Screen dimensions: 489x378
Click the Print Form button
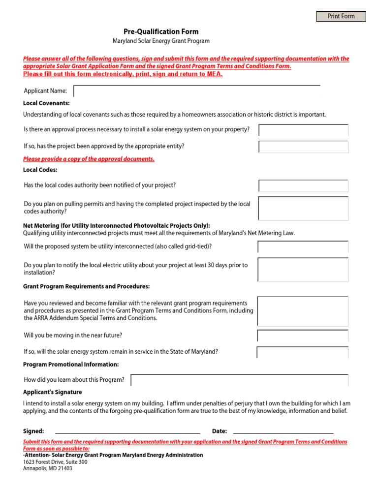341,16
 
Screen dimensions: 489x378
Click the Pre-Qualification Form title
161,31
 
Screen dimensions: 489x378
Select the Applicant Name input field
197,91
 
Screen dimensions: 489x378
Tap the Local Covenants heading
46,103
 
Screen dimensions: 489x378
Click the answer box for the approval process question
303,130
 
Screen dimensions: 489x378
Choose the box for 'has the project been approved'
303,147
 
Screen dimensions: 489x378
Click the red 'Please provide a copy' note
89,159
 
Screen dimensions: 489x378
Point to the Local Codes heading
40,170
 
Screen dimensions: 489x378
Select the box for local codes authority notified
303,185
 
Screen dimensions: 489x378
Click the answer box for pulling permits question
303,208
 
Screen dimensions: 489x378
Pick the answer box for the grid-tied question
303,246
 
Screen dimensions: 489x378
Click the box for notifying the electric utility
303,269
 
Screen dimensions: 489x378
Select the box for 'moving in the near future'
303,336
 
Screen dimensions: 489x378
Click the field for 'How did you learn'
240,380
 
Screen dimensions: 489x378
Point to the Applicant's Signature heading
53,392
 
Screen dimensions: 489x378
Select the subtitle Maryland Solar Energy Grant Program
161,41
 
